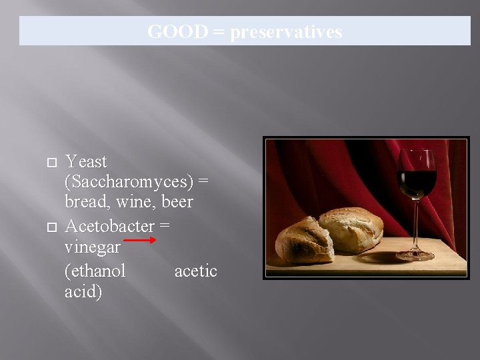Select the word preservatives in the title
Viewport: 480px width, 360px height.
pos(286,31)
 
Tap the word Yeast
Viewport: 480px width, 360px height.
pos(86,162)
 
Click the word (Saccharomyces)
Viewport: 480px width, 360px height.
pos(130,182)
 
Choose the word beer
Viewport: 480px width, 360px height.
pos(177,202)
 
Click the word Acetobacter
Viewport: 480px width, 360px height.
pos(109,226)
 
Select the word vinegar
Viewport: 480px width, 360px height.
pos(92,247)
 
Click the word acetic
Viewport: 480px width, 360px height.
pos(195,271)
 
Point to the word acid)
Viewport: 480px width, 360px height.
pos(83,292)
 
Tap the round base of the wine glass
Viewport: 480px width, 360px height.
pos(415,254)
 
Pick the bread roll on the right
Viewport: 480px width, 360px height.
pos(352,230)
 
